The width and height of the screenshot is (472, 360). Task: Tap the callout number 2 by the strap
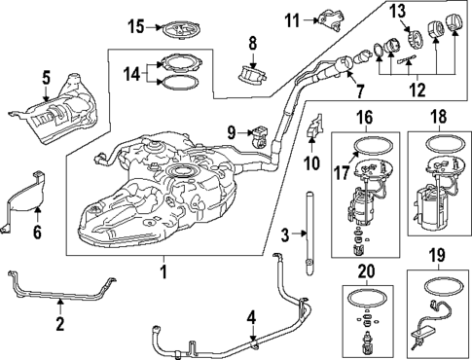click(x=59, y=322)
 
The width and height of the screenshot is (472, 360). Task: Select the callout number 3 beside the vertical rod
click(x=284, y=234)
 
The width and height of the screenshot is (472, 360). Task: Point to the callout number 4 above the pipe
click(x=250, y=316)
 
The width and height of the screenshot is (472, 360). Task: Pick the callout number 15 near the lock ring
click(x=135, y=25)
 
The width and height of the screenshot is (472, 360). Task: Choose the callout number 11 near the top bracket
click(x=290, y=18)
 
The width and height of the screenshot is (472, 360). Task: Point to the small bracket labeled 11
click(x=328, y=18)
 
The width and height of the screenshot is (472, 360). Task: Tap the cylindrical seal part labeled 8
click(x=253, y=72)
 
